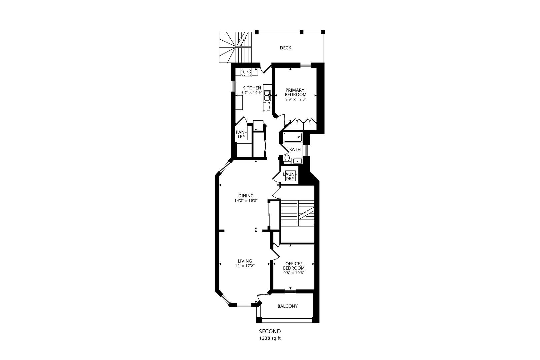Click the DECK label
pos(285,48)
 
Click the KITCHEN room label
pos(251,88)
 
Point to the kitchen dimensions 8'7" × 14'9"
pos(252,93)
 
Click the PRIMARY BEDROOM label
pos(295,92)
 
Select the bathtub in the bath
pos(293,137)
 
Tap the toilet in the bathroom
pos(287,159)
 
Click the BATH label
pos(295,150)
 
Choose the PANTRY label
pos(241,134)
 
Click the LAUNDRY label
pos(290,176)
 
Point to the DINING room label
pos(246,196)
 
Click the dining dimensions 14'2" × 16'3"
pos(246,201)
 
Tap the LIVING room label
pos(245,261)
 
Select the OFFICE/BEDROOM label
pos(294,266)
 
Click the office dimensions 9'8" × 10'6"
pos(294,273)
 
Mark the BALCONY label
pos(287,306)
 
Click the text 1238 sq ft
pos(270,338)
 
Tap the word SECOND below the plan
pos(270,332)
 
